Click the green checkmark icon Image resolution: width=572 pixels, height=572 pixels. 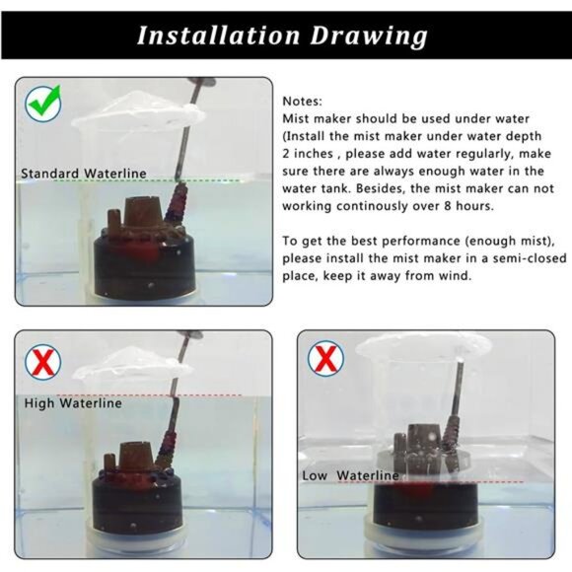(x=43, y=100)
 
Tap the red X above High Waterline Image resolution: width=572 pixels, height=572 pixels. (x=42, y=365)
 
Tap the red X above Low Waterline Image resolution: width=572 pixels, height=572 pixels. (x=323, y=358)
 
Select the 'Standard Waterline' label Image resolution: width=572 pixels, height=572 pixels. (x=84, y=174)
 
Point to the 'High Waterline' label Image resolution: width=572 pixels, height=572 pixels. (x=74, y=402)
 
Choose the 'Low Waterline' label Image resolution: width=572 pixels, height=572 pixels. (x=350, y=475)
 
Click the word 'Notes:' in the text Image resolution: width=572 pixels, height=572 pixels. (x=302, y=102)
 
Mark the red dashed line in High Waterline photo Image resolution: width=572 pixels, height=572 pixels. (x=197, y=395)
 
